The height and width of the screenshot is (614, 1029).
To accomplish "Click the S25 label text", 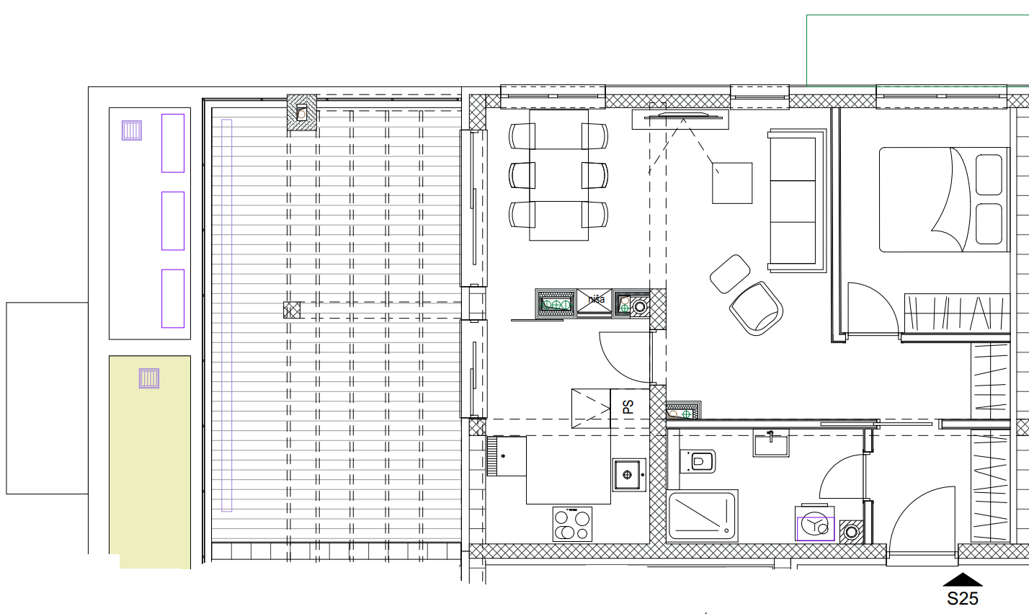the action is point(963,598).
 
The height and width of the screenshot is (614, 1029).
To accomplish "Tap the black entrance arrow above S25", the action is point(963,579).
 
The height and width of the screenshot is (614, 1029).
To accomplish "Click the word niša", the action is point(596,299).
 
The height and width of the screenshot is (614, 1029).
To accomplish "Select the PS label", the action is point(628,406).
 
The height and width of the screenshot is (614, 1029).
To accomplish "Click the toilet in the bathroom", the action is point(698,461).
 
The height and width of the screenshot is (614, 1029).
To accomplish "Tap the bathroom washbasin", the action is point(771,443).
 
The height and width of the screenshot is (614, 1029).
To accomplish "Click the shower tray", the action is point(702,516).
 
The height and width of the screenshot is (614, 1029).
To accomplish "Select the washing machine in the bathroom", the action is point(815,524).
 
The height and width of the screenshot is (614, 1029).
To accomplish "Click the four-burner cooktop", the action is point(572,524).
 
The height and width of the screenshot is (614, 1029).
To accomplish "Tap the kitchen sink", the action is point(629,474).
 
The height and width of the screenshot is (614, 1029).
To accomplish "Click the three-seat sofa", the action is point(796,200).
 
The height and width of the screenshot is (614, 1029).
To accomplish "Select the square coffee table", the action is point(732,183).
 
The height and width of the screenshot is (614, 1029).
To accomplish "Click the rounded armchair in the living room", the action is point(756,308).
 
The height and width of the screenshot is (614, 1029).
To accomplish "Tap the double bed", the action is point(945,200).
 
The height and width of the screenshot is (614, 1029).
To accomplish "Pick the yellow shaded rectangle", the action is point(150,462).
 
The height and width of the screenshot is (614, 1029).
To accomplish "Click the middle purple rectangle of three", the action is point(173,221).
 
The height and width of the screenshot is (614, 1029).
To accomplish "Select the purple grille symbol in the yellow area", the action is point(149,378).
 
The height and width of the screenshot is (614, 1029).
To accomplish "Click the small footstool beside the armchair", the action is point(730,274).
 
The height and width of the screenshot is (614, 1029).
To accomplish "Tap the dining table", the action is point(558,175).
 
